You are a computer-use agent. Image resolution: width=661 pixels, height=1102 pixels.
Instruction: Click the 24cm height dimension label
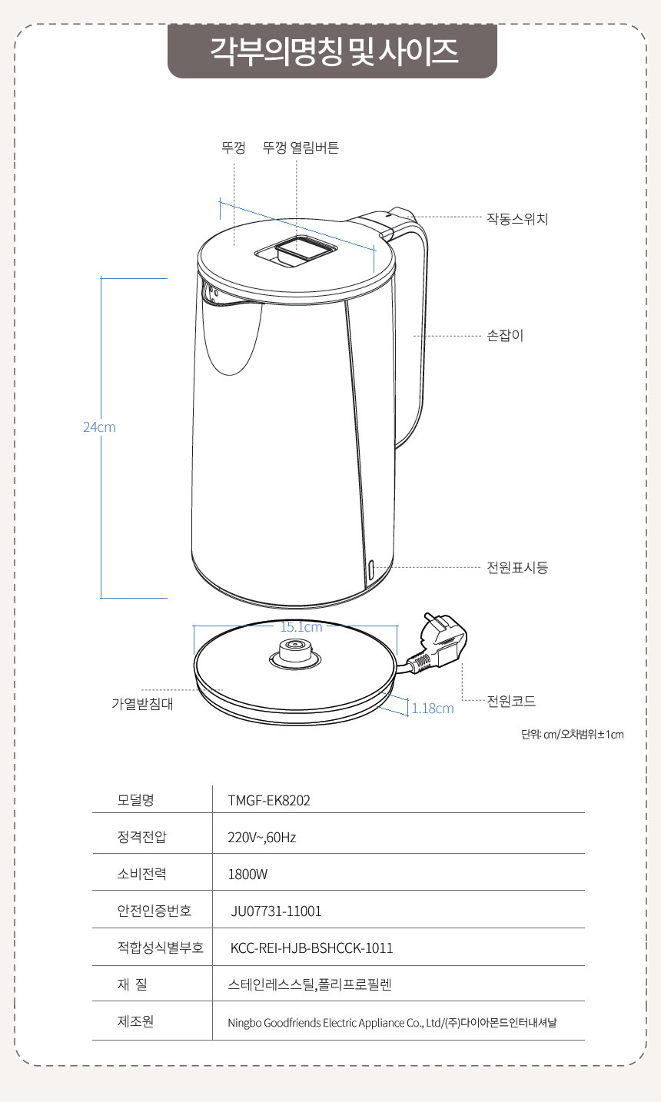click(x=99, y=427)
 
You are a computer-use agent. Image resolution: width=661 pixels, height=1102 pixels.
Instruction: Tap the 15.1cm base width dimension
click(x=301, y=627)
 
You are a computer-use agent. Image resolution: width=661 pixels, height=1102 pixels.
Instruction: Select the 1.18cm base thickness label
click(x=433, y=709)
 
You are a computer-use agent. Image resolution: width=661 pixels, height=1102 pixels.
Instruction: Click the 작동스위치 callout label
click(x=517, y=219)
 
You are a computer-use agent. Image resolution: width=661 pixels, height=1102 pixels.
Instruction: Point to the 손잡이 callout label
click(x=505, y=336)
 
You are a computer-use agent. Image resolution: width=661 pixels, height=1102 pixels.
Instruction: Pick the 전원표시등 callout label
click(x=517, y=568)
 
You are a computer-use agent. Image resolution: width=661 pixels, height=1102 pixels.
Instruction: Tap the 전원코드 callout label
click(x=511, y=701)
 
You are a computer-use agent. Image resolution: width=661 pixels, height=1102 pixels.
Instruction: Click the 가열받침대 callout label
click(x=142, y=704)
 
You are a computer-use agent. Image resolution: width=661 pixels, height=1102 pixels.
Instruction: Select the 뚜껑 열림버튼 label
click(x=301, y=148)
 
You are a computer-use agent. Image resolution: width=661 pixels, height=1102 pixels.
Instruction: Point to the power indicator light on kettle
click(x=371, y=570)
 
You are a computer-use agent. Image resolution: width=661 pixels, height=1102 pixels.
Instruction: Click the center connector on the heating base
click(x=295, y=653)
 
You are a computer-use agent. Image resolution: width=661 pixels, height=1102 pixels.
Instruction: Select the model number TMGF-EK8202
click(x=269, y=801)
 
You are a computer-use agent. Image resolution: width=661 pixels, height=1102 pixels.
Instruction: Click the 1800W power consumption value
click(x=247, y=875)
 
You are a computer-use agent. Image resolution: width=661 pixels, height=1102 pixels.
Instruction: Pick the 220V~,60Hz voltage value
click(x=262, y=838)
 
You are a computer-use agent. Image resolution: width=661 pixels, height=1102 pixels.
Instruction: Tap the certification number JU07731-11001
click(x=276, y=911)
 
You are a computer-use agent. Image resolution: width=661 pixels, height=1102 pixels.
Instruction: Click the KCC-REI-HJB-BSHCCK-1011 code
click(x=311, y=948)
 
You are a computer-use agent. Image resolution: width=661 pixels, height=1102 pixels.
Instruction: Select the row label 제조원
click(x=135, y=1022)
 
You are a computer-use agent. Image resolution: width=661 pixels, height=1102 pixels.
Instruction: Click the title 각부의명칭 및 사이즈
click(x=334, y=51)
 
